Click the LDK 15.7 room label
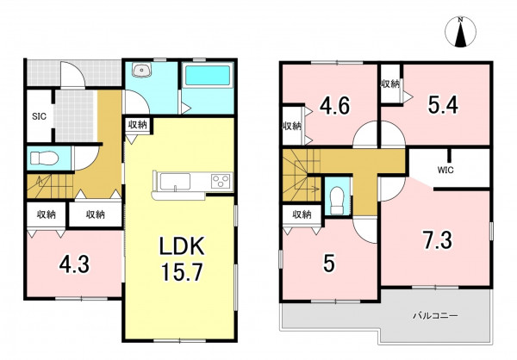(x=182, y=259)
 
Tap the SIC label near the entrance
(x=40, y=116)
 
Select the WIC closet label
(x=445, y=171)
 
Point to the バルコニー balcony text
(x=435, y=316)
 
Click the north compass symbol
(x=461, y=33)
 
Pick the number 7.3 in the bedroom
(x=438, y=240)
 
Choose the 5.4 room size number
(x=443, y=105)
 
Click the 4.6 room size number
(x=334, y=105)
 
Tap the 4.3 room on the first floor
(x=74, y=264)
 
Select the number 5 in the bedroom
(x=329, y=264)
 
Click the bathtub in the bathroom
(x=208, y=76)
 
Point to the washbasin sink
(x=142, y=70)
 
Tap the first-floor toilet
(x=44, y=158)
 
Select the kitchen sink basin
(x=175, y=182)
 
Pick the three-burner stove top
(x=221, y=181)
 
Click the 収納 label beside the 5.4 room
(x=390, y=84)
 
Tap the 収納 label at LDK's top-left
(x=137, y=125)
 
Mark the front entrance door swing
(x=72, y=76)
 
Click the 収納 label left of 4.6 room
(x=292, y=126)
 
